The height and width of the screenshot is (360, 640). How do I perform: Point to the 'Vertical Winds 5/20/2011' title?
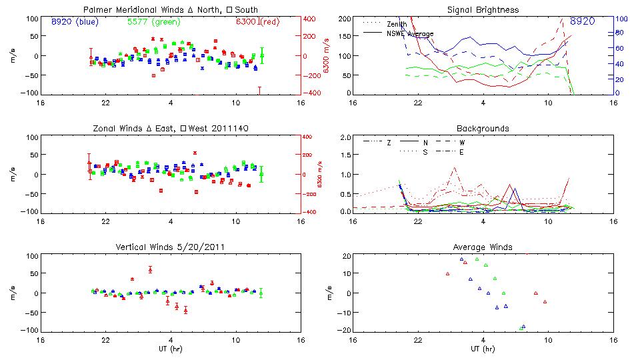tap(171, 247)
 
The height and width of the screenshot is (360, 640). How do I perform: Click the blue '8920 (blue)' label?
tap(75, 21)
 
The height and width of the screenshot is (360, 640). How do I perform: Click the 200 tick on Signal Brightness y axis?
tap(345, 19)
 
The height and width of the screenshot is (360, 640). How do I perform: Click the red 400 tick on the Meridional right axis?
tap(311, 19)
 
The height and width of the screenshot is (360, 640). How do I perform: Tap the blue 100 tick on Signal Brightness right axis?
tap(619, 19)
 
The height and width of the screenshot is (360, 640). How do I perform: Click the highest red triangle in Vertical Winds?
tap(150, 269)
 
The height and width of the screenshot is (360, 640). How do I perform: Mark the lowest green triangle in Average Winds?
tap(521, 328)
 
